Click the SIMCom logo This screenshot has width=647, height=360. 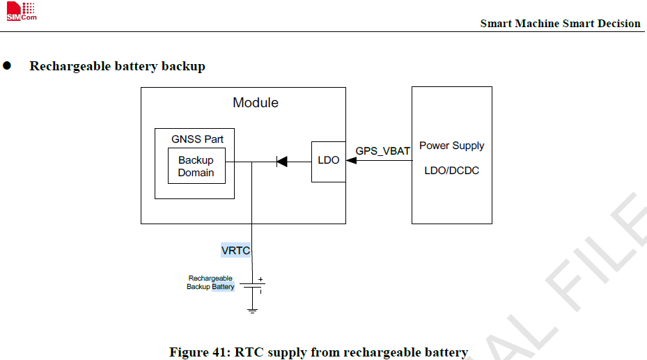coord(21,12)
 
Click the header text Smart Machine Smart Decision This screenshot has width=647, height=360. coord(560,24)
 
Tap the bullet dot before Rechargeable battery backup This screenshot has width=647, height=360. coord(8,66)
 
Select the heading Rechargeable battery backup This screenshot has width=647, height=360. coord(117,67)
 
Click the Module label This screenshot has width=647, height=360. coord(256,103)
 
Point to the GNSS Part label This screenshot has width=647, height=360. coord(197,139)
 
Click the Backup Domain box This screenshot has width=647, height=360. coord(196,166)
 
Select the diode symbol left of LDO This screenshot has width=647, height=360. coord(281,162)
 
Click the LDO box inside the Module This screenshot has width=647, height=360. coord(328,161)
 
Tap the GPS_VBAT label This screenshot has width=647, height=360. coord(383,151)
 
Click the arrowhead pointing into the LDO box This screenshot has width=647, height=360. coord(351,161)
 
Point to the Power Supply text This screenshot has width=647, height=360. coord(451,146)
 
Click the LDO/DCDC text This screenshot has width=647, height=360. coord(451,171)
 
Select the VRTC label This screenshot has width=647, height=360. coord(235,251)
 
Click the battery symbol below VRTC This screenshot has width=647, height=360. coord(252,285)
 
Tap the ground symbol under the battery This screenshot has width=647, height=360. coord(252,309)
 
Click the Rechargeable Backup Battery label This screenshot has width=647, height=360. coord(210,283)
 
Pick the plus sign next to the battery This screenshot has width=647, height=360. coord(260,279)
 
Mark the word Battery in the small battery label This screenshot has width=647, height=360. coord(224,287)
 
